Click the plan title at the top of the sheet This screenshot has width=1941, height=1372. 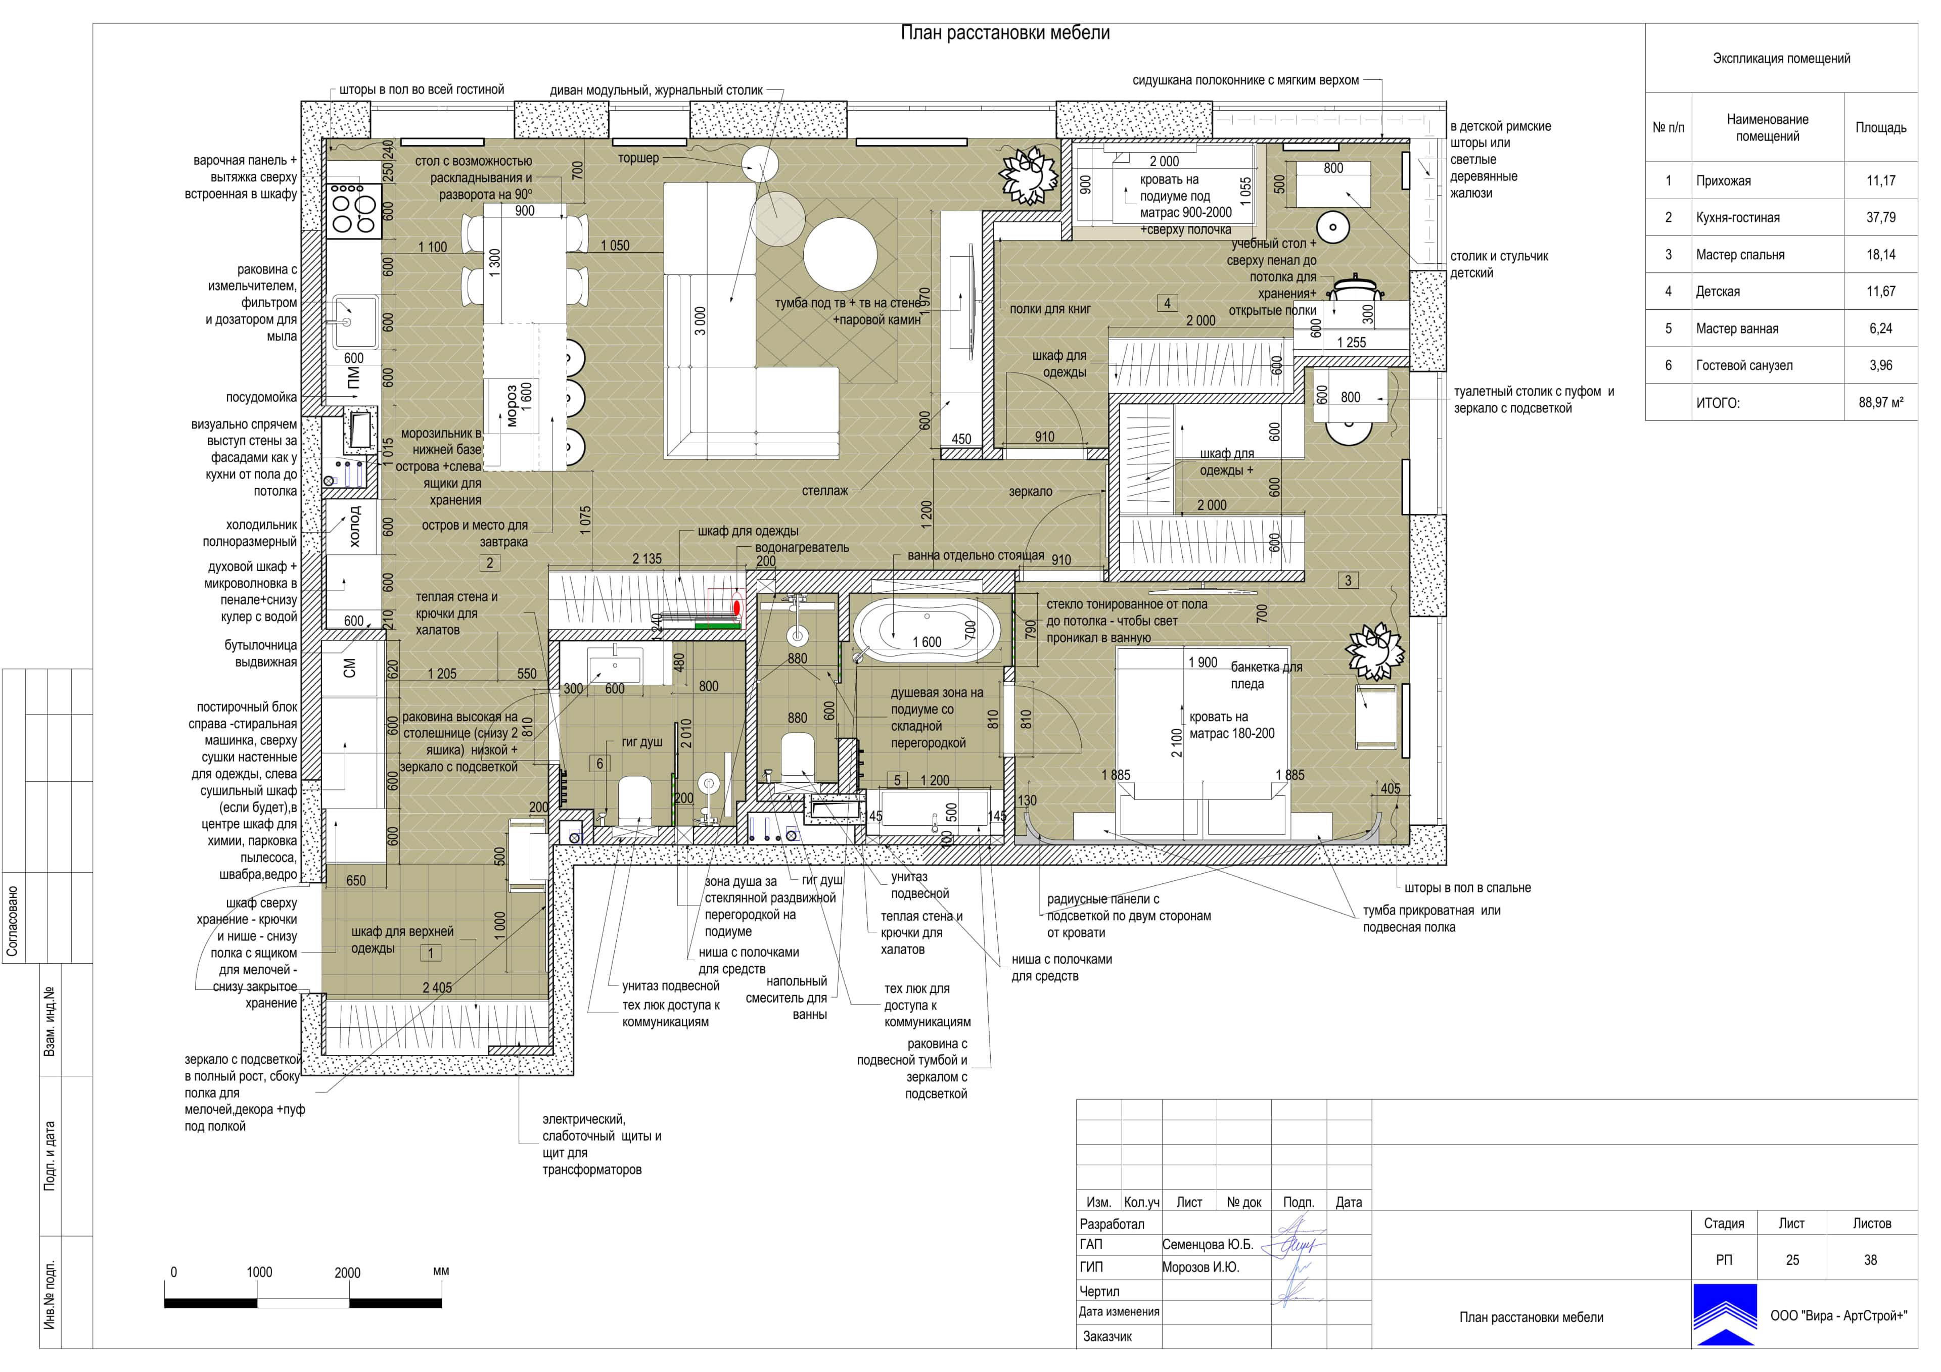1005,33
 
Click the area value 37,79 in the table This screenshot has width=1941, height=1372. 1880,217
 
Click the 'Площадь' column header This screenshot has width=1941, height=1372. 1880,128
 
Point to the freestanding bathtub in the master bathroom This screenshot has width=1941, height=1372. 927,630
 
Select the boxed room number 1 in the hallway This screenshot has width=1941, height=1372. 430,954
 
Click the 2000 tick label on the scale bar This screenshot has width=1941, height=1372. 347,1272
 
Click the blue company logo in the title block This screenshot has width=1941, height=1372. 1725,1314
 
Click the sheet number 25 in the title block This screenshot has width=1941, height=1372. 1792,1260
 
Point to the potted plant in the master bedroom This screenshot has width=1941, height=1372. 1374,650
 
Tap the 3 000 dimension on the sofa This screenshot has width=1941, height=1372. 700,321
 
